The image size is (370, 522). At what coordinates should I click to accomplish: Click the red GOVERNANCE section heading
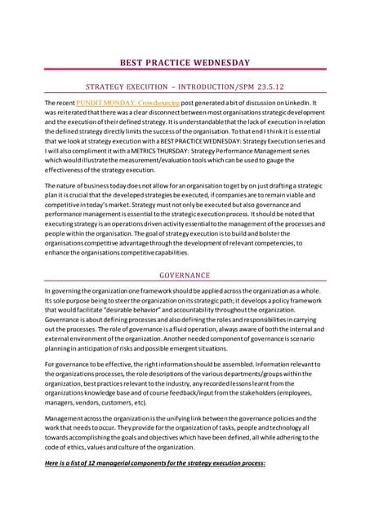click(x=185, y=276)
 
